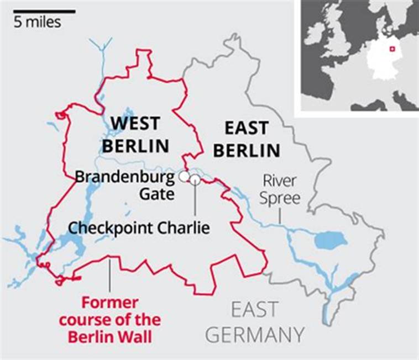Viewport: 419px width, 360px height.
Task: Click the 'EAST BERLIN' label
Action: coord(247,139)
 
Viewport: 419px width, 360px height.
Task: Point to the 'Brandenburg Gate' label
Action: coord(124,186)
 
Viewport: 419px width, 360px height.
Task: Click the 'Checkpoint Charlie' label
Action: coord(139,227)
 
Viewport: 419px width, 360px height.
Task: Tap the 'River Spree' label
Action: coord(281,189)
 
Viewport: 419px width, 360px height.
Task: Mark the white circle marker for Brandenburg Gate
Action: coord(184,177)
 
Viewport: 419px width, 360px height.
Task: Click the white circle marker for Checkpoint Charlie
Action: coord(194,178)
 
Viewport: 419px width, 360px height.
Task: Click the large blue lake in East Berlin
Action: coord(330,240)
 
